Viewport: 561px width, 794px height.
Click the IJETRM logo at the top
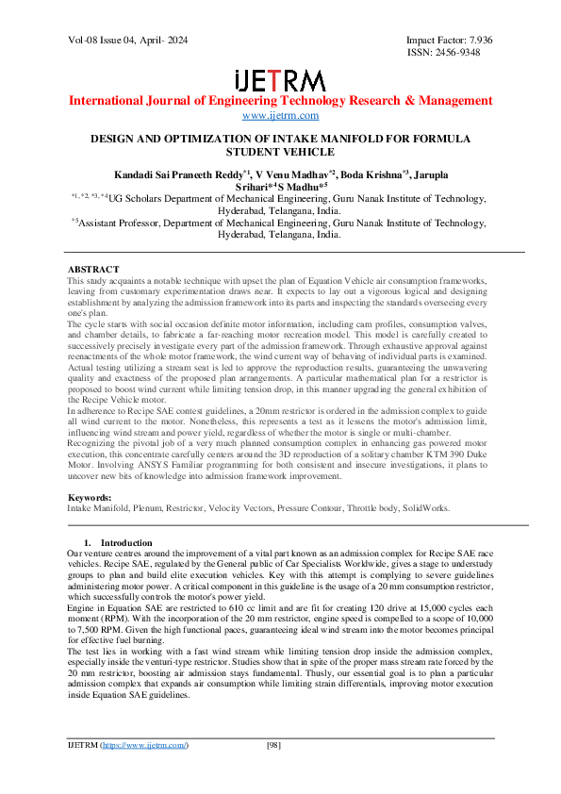(x=280, y=80)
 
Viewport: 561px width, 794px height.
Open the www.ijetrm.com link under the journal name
(x=280, y=115)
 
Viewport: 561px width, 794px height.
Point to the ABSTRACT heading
(x=93, y=270)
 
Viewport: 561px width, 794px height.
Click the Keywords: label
(x=91, y=496)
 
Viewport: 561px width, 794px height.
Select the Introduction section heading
(x=125, y=543)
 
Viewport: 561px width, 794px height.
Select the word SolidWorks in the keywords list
(x=426, y=507)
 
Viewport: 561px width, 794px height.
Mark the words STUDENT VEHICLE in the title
(x=280, y=151)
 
